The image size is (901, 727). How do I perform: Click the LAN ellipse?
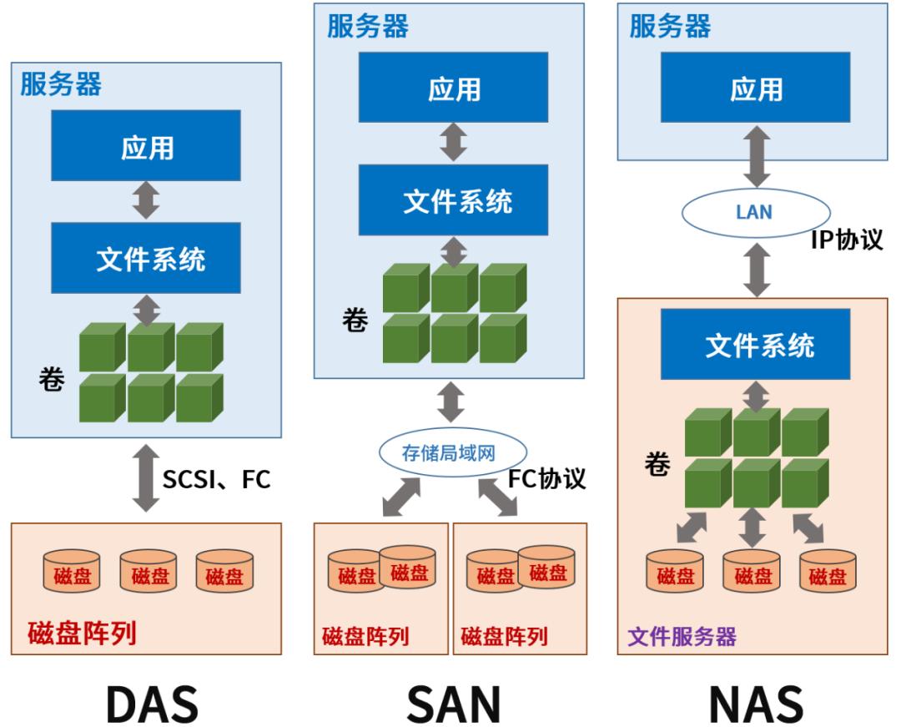(x=753, y=213)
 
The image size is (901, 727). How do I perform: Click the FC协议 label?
(x=546, y=478)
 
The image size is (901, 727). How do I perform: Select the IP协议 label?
(x=846, y=240)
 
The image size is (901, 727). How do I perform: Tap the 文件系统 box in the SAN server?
(x=454, y=200)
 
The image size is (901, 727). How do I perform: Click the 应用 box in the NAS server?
(x=757, y=88)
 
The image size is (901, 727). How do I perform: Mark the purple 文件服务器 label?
(x=682, y=638)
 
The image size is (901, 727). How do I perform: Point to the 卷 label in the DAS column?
(x=52, y=381)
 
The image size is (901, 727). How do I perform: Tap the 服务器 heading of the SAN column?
(x=368, y=26)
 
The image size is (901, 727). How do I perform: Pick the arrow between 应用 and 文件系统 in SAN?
(x=454, y=142)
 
